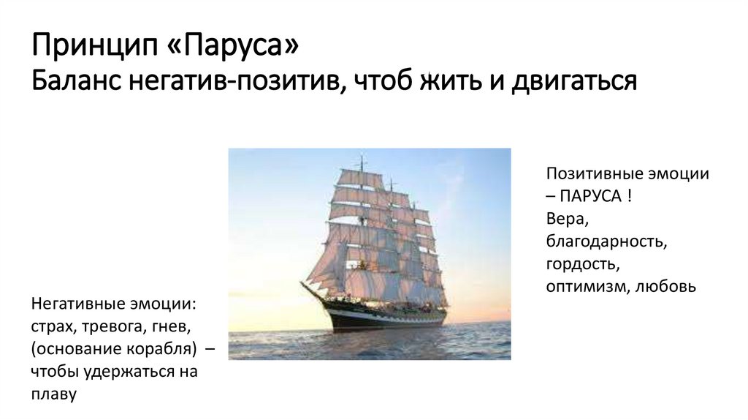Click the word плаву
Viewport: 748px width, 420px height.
53,394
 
